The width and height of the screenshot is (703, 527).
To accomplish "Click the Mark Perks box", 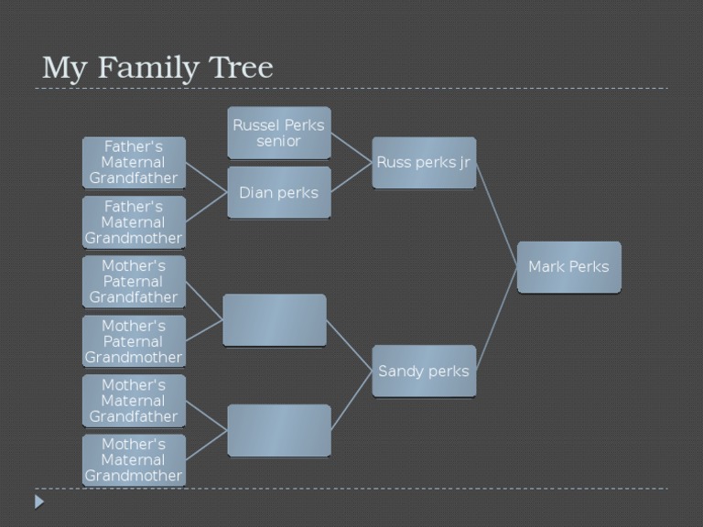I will point(568,267).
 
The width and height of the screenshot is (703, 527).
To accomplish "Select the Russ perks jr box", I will point(424,163).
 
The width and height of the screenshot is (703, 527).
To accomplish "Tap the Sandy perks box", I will point(424,371).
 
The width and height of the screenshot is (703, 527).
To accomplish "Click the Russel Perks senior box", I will point(278,133).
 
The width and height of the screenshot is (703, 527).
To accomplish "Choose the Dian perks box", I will point(278,192).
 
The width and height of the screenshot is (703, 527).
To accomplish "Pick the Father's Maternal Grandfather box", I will point(134,162).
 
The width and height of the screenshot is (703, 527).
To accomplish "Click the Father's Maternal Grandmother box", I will point(134,222).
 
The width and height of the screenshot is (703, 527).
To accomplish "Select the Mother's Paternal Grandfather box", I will point(134,282).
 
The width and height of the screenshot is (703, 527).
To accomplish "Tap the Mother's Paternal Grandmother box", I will point(134,341).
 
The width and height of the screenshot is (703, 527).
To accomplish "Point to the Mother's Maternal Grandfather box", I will point(134,401).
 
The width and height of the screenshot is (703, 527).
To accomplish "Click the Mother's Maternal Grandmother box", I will point(134,460).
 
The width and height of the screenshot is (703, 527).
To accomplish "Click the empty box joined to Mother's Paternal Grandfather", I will point(274,320).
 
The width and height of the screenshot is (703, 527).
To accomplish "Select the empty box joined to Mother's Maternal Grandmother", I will point(278,430).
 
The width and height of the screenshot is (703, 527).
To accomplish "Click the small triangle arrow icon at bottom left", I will point(39,501).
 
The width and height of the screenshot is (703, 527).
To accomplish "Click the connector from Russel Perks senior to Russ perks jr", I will point(351,147).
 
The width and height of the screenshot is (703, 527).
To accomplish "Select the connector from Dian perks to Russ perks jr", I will point(351,177).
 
